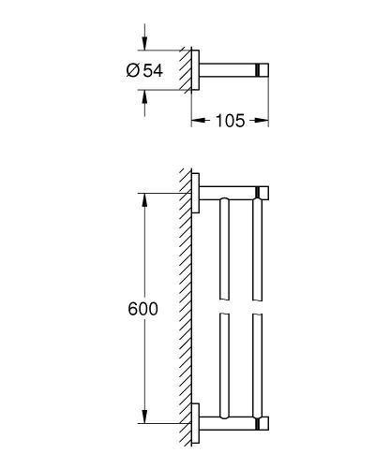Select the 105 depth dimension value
230,120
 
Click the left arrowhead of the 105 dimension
196,120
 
